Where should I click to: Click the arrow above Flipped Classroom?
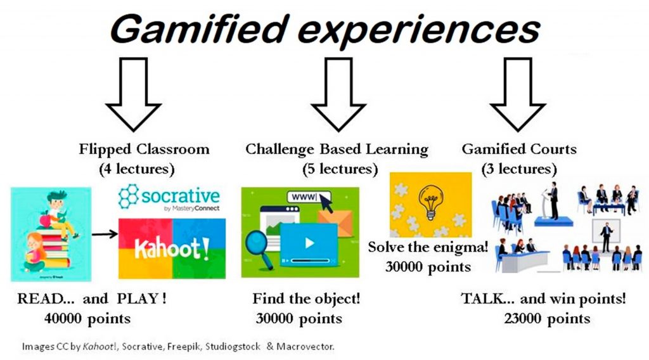(133, 94)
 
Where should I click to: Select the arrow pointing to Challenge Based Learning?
(338, 94)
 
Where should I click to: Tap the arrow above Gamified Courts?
(517, 94)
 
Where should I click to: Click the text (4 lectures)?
(137, 169)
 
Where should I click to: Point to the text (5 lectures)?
(340, 169)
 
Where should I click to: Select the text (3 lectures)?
(519, 169)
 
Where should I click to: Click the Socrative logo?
(169, 197)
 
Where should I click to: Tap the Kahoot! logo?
(172, 248)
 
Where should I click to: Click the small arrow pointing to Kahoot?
(105, 235)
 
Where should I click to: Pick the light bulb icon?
(431, 202)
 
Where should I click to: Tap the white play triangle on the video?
(309, 243)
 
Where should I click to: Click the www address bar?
(309, 197)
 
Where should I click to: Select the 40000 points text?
(87, 319)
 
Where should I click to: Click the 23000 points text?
(547, 319)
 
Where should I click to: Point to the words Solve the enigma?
(428, 247)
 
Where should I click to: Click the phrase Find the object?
(306, 299)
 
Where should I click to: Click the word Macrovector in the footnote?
(305, 346)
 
